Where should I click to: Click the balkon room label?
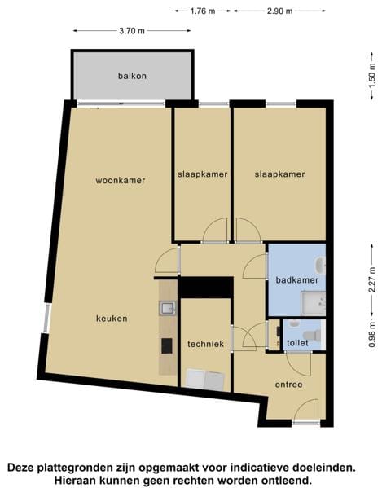tap(132, 76)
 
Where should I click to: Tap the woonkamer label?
tap(120, 180)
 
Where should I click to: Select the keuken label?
tap(112, 319)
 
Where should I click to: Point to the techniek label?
tap(205, 344)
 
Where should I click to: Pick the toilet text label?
tap(297, 344)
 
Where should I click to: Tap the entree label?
tap(288, 385)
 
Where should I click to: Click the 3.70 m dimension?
tap(131, 31)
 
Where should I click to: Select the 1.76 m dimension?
tap(202, 11)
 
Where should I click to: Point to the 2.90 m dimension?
tap(279, 11)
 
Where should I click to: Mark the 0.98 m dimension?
tap(371, 335)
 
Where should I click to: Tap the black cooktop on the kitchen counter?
tap(167, 345)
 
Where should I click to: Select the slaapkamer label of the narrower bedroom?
tap(202, 174)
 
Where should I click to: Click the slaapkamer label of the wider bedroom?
tap(279, 174)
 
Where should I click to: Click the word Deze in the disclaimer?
tap(24, 468)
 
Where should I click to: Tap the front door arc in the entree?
tap(305, 410)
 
